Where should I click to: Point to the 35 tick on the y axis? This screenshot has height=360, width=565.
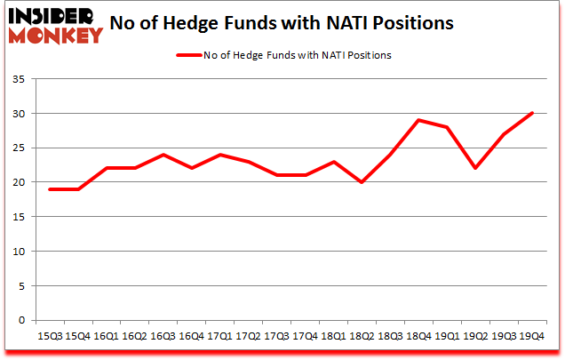coord(17,79)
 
